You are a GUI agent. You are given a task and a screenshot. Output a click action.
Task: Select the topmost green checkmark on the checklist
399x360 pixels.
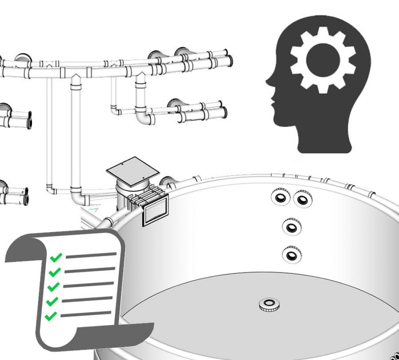tap(56, 257)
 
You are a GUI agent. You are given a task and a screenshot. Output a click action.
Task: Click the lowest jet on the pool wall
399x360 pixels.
tap(291, 255)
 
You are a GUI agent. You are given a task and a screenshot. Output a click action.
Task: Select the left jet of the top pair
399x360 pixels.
tap(280, 197)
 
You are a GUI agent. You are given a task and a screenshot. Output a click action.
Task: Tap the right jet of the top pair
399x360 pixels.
tap(302, 199)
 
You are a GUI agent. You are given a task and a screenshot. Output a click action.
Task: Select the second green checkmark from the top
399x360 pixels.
tap(55, 272)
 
